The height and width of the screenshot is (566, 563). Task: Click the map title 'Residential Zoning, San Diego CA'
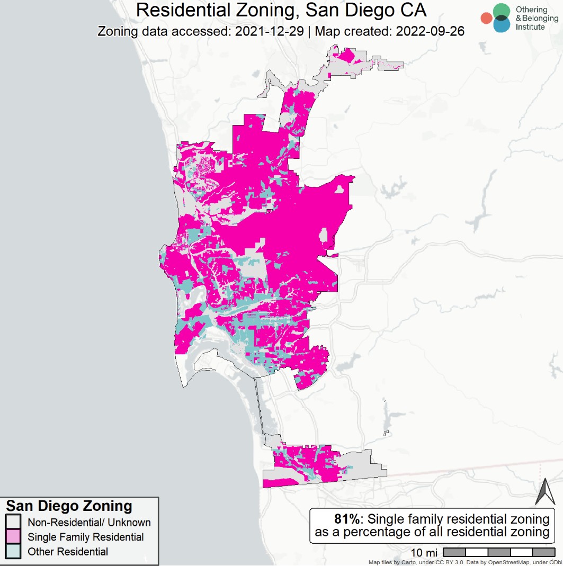click(x=281, y=11)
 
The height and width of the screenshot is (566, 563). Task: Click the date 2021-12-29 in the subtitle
click(x=269, y=31)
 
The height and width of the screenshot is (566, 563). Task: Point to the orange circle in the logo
click(x=486, y=19)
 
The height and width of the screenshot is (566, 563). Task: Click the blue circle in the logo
click(x=501, y=24)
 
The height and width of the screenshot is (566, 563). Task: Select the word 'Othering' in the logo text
click(x=531, y=10)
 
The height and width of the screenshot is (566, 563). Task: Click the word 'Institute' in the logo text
click(x=530, y=26)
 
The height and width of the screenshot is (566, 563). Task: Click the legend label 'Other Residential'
click(x=68, y=552)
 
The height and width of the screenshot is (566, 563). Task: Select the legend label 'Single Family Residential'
click(x=86, y=537)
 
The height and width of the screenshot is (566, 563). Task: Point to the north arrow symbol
click(x=545, y=491)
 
